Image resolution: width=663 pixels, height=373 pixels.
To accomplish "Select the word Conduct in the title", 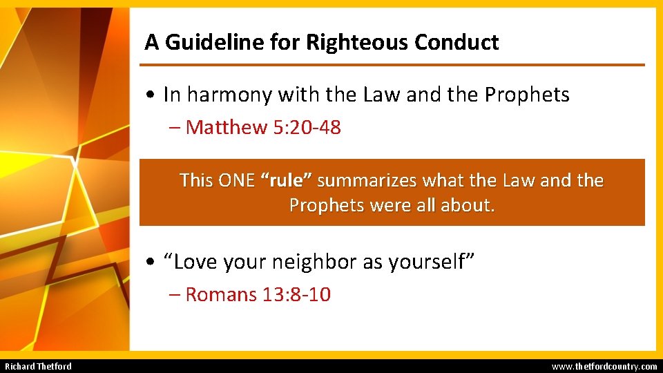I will coord(457,43).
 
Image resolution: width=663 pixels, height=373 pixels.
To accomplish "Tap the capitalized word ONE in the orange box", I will coord(236,181).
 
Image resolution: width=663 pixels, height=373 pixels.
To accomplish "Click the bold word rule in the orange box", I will coord(287,181).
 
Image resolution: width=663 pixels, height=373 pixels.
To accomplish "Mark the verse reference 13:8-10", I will coord(297,295).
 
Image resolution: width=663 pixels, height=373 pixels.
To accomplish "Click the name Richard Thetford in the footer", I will coord(38,366).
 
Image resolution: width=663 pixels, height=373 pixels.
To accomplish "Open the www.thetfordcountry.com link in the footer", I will coord(604,366).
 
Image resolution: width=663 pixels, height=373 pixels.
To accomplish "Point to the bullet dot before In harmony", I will coord(150,95).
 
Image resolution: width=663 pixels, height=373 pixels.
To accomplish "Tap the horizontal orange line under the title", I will coord(392,65).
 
